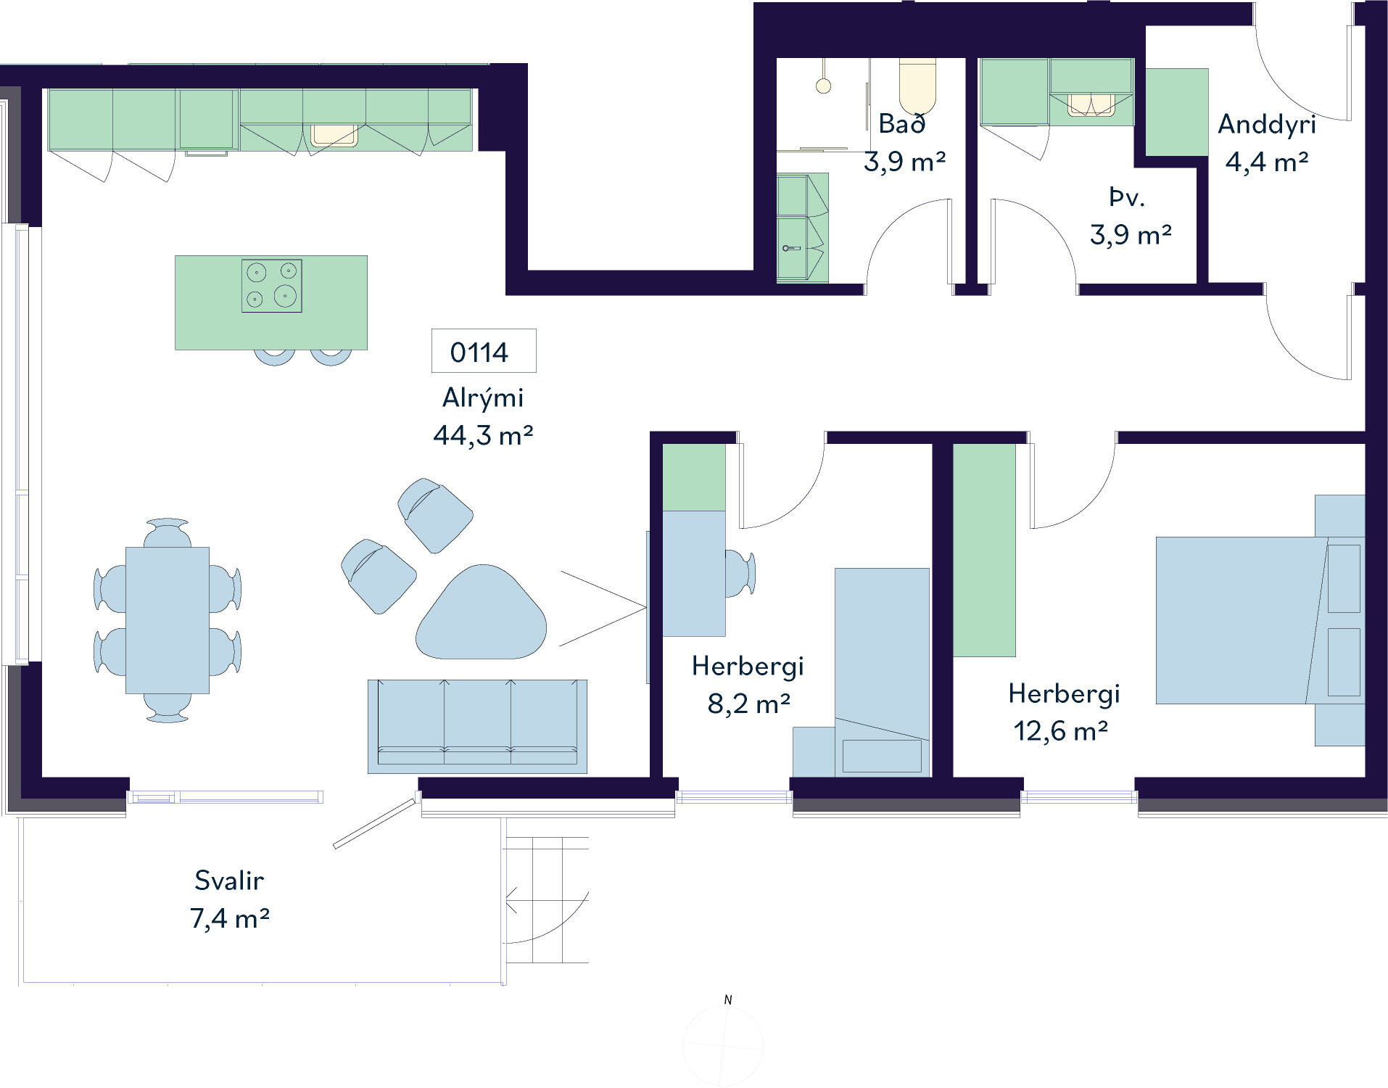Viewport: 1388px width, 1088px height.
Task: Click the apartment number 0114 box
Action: point(484,351)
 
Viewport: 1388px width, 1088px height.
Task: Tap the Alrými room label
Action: point(483,398)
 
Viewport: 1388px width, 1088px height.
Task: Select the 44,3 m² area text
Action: point(483,435)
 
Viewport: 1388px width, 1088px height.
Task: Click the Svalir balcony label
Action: point(229,881)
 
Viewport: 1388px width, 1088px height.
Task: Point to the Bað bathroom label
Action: point(902,124)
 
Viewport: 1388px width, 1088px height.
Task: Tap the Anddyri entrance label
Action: point(1267,125)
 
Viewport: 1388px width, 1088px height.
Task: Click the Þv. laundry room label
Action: point(1127,197)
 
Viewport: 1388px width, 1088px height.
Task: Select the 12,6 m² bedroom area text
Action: point(1060,731)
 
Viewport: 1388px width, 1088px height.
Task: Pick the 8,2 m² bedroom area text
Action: point(748,704)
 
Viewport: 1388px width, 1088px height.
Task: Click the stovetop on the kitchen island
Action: point(272,287)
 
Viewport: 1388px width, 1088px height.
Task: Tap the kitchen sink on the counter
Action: point(334,135)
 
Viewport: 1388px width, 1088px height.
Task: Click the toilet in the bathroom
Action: point(918,85)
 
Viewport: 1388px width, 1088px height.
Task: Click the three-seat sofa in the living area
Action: point(477,726)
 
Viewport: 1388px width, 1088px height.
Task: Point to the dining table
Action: point(168,620)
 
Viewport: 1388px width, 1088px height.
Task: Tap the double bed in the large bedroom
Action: point(1260,620)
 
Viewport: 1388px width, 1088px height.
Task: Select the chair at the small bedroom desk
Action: point(740,573)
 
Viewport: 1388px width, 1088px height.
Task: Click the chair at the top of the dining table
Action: point(168,533)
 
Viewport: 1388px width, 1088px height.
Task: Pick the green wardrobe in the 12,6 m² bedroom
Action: point(984,550)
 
